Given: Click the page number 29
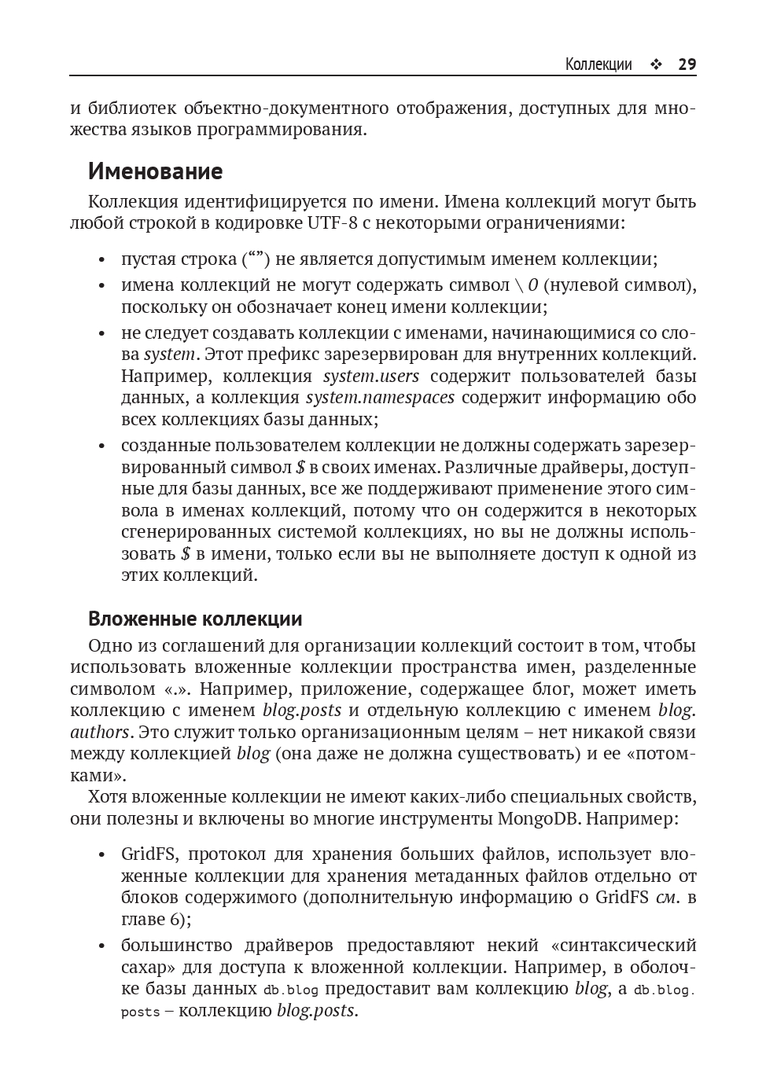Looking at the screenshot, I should [x=687, y=64].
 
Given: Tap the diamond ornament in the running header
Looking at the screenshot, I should [x=655, y=65].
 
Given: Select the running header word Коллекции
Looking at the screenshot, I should [x=598, y=64].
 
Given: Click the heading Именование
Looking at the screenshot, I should [x=155, y=171].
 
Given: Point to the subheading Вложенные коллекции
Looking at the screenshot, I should [x=195, y=619].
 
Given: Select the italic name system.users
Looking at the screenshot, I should [x=371, y=376].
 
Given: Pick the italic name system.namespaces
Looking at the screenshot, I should [x=380, y=397].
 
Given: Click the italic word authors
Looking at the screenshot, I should [x=99, y=732].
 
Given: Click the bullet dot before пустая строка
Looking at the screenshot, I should [x=101, y=260].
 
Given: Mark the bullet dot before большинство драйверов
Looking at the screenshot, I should [x=101, y=946].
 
